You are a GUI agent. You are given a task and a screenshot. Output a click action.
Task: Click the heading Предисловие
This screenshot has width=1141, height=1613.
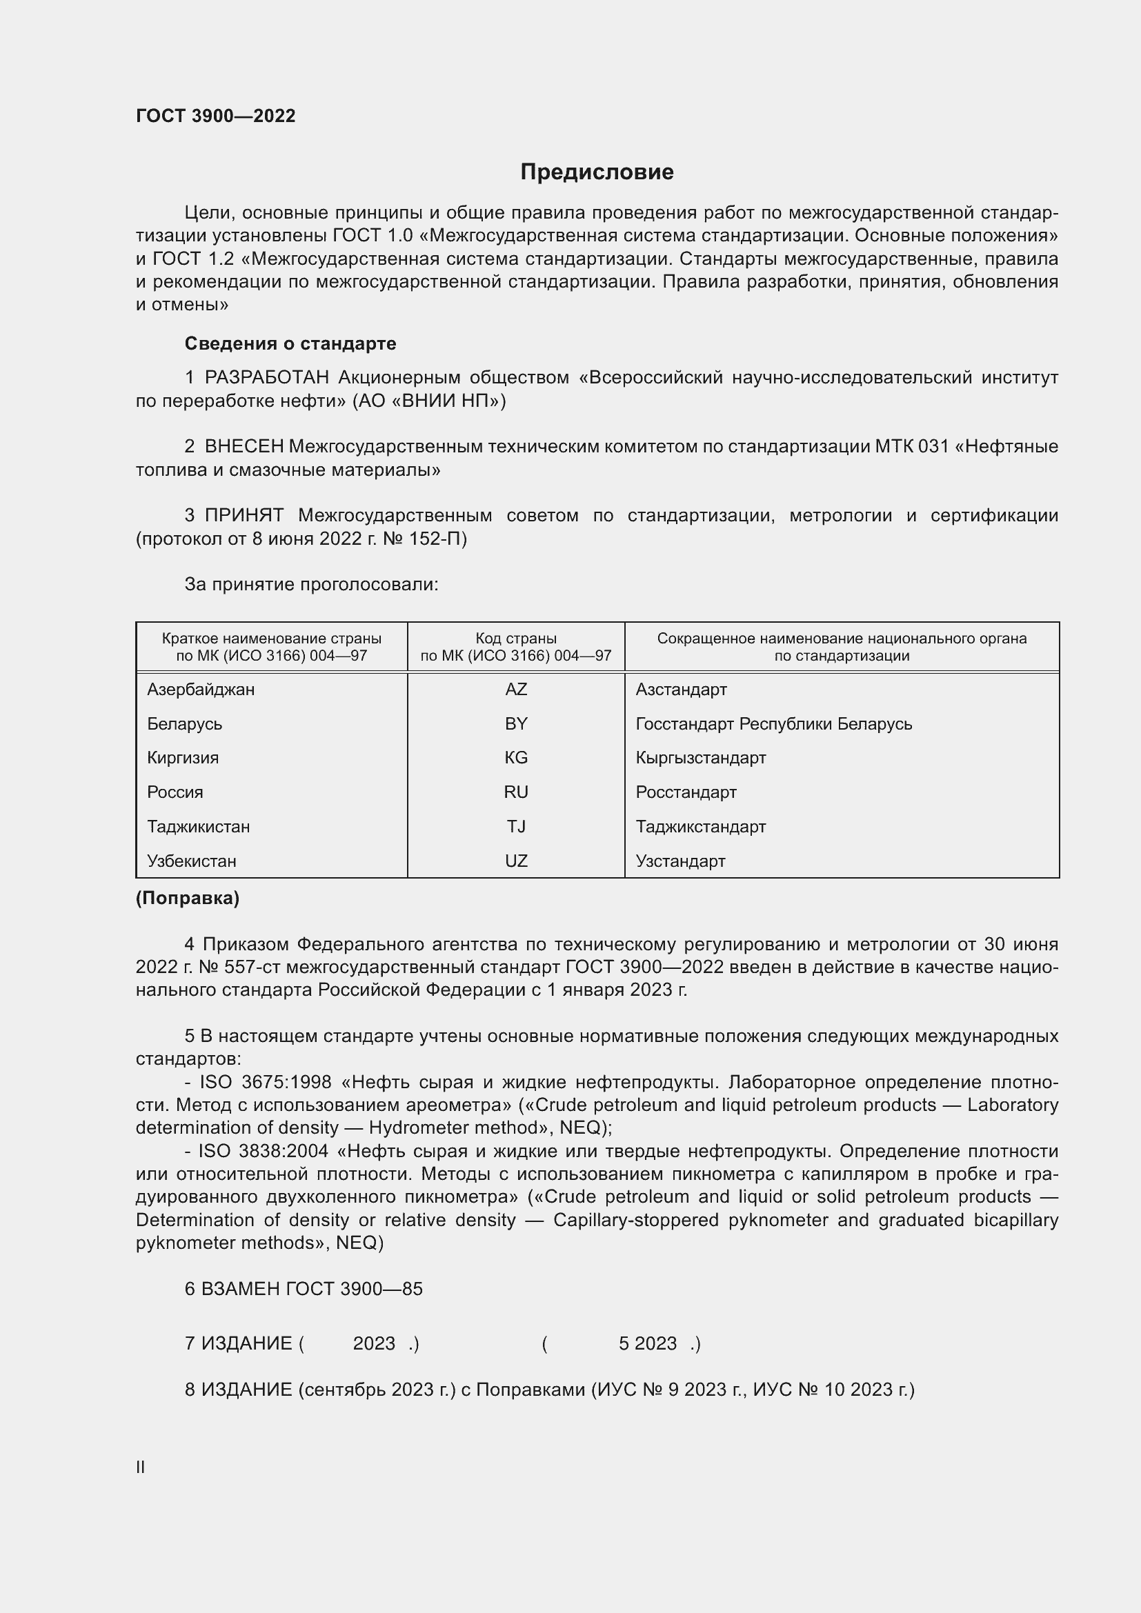click(x=597, y=172)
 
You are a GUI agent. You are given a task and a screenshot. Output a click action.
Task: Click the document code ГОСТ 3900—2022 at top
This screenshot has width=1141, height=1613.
click(x=216, y=116)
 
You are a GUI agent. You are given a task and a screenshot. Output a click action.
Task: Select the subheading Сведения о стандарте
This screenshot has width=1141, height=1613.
click(x=290, y=343)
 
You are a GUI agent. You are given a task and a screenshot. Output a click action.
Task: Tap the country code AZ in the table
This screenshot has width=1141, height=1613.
click(x=516, y=689)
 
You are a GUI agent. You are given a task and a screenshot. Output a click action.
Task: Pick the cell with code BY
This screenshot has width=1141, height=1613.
click(x=516, y=723)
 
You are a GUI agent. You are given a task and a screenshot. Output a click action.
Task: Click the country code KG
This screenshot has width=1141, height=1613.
click(x=516, y=757)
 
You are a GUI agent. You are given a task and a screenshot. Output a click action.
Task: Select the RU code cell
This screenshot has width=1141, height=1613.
click(x=516, y=792)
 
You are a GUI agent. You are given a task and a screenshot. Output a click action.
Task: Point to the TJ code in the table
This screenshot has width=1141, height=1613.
click(x=516, y=826)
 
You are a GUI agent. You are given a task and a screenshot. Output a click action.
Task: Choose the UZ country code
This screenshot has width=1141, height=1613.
click(x=516, y=861)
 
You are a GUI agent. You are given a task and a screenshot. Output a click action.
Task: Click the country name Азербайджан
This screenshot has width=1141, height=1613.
click(x=201, y=689)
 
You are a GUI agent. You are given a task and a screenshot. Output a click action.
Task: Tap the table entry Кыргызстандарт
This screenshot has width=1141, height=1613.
click(x=700, y=757)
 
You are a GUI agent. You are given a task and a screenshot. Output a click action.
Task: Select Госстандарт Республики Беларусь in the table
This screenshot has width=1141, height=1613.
click(x=773, y=723)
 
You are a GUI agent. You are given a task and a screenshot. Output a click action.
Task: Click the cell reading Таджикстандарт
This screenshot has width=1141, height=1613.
click(x=700, y=826)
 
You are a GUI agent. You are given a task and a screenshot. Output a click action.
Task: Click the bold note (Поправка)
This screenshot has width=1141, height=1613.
click(x=188, y=898)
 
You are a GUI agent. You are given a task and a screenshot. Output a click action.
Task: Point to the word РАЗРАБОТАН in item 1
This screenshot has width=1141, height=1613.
click(x=267, y=378)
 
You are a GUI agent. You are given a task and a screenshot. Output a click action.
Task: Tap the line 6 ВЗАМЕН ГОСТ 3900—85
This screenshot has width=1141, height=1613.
click(x=304, y=1288)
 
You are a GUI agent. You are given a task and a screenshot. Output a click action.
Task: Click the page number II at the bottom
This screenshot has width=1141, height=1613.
click(x=141, y=1467)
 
